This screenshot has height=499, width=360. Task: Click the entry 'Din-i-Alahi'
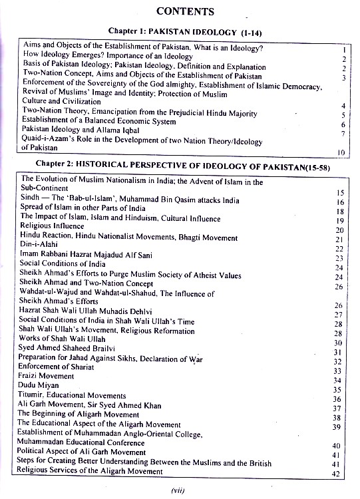(x=42, y=247)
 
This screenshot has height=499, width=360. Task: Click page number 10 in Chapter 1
(x=341, y=152)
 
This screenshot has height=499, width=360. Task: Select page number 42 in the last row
(x=337, y=473)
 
